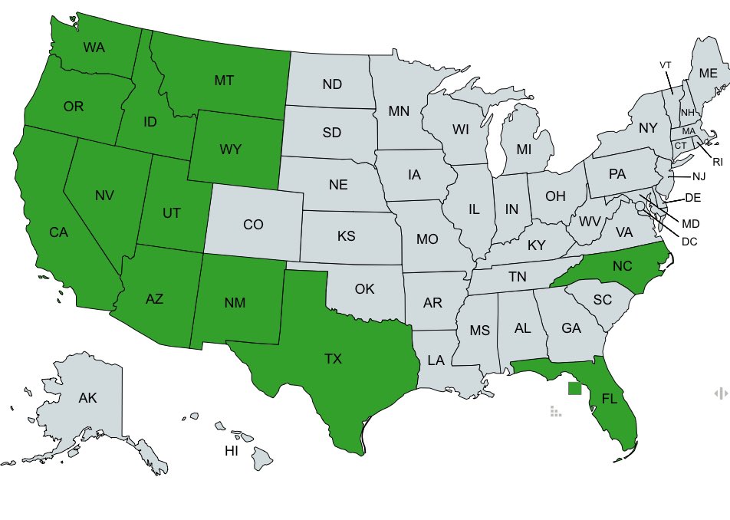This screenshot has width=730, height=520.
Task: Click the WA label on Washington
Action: coord(94,48)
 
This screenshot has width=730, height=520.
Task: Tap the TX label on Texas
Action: coord(333,358)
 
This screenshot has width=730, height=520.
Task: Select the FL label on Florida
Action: coord(609,399)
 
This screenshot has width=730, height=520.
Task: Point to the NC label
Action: coord(622,265)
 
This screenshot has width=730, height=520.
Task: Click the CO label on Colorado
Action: coord(253,225)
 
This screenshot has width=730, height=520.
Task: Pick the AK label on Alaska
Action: coord(87,398)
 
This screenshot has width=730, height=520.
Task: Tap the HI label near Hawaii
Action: coord(231,451)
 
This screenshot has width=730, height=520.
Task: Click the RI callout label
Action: coord(717,162)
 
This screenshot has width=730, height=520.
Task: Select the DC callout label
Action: coord(689,242)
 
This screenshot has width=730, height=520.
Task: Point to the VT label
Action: coord(666,65)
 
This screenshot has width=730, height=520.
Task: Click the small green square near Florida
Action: coord(574,388)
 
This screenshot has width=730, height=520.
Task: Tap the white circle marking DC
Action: coord(640,206)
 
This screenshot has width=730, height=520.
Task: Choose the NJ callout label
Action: coord(698,177)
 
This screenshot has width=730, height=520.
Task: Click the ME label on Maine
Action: coord(708,73)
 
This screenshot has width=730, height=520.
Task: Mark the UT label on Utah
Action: coord(172,212)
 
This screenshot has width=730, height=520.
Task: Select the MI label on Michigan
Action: coord(524,150)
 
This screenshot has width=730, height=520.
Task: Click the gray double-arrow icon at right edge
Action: coord(721,393)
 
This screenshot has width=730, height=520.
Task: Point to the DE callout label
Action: coord(692,198)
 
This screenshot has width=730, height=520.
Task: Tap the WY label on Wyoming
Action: coord(230,150)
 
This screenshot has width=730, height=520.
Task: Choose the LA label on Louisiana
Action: coord(436,360)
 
